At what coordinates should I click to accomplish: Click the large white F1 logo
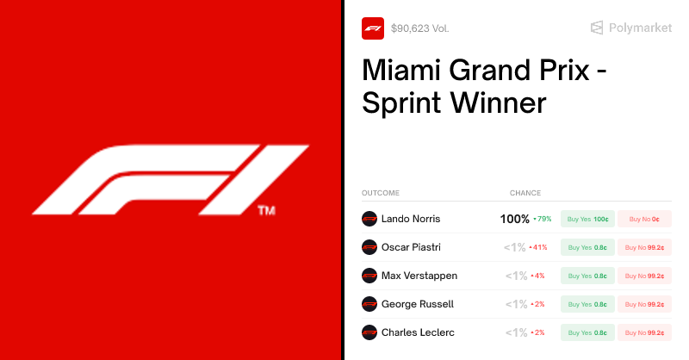(x=171, y=179)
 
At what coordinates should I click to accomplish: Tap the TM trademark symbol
(x=266, y=210)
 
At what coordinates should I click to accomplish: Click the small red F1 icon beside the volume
(x=373, y=28)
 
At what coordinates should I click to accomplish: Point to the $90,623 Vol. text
(x=419, y=28)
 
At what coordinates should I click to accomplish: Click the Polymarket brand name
(x=640, y=28)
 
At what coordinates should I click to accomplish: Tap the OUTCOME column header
(x=381, y=193)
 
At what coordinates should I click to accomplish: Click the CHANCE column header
(x=525, y=193)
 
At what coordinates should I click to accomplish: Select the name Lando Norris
(x=411, y=219)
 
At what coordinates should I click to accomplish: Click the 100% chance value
(x=514, y=219)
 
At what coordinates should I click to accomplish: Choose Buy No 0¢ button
(x=644, y=219)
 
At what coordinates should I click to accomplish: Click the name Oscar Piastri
(x=411, y=247)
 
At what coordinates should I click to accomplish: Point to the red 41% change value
(x=539, y=247)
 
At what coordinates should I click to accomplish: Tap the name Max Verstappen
(x=419, y=276)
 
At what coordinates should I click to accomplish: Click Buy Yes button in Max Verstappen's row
(x=587, y=276)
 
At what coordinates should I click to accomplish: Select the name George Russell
(x=418, y=304)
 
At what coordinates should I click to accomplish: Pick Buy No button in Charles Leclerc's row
(x=644, y=332)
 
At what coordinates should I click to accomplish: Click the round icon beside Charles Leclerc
(x=369, y=332)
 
